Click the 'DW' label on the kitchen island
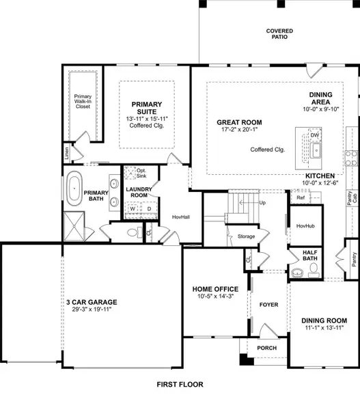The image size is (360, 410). (x=315, y=135)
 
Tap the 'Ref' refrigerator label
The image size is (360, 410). (x=301, y=197)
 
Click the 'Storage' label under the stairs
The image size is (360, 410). (x=246, y=236)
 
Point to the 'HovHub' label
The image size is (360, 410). (x=305, y=225)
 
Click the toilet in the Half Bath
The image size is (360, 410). (x=296, y=273)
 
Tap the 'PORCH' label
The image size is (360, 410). (x=266, y=347)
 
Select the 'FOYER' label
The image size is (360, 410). (x=269, y=304)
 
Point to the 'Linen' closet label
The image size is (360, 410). (x=67, y=153)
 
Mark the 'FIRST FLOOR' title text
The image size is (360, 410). (x=180, y=385)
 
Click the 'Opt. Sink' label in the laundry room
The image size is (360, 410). (x=142, y=173)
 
